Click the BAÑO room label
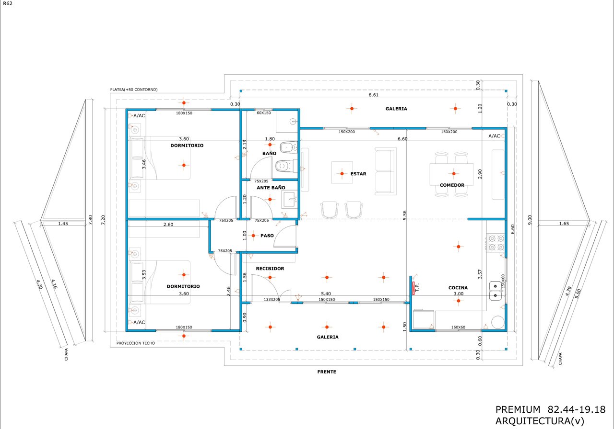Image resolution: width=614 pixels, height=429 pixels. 269,153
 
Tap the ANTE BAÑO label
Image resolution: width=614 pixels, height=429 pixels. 271,187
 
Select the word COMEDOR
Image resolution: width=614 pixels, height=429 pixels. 452,185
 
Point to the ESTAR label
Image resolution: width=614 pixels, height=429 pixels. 358,174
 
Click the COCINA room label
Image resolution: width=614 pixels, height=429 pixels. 458,288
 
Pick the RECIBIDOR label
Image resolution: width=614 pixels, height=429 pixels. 270,269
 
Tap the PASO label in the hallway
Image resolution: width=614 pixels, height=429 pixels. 267,236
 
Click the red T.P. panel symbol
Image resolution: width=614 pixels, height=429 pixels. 413,288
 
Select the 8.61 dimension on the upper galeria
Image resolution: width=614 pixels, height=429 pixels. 373,95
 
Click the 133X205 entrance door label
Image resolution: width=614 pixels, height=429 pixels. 272,299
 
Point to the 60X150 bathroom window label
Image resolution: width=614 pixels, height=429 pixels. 264,113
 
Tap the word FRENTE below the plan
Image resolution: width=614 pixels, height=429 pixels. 327,372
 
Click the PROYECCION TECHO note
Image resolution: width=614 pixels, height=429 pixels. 136,343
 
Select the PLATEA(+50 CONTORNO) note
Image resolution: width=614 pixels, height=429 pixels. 134,90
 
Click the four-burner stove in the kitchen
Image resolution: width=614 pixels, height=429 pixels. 496,243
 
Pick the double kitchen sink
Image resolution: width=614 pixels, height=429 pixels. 496,291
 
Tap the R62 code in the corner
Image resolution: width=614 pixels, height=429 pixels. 8,3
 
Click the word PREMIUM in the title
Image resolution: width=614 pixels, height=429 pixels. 518,409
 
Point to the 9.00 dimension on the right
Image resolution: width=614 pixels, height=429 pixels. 530,220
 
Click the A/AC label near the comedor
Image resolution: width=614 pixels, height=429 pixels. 494,135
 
